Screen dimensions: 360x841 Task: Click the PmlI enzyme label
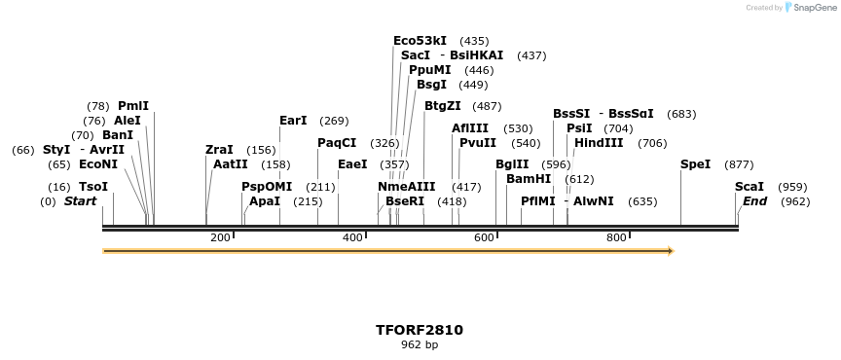[x=133, y=105]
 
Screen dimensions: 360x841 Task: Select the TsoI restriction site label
[x=93, y=186]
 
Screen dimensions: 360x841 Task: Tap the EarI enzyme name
[x=293, y=121]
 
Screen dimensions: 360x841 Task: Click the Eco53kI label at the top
[x=420, y=41]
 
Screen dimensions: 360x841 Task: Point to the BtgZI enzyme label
[x=443, y=106]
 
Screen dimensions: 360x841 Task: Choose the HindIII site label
[x=599, y=143]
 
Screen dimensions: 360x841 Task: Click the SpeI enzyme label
[x=695, y=164]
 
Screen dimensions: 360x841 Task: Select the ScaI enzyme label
[x=750, y=186]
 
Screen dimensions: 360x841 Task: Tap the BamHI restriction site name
[x=529, y=179]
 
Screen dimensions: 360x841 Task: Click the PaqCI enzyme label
[x=337, y=143]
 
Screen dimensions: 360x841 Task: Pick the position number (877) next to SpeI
[x=740, y=164]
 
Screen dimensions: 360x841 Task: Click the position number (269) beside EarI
[x=334, y=121]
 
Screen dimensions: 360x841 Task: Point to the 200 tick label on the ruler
[x=220, y=237]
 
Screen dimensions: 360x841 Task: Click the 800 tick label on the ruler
[x=616, y=237]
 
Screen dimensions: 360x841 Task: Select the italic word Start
[x=81, y=201]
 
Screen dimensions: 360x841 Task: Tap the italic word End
[x=754, y=201]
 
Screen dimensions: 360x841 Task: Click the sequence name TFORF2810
[x=420, y=330]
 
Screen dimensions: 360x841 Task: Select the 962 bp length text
[x=420, y=344]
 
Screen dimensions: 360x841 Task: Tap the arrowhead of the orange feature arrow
[x=670, y=251]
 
